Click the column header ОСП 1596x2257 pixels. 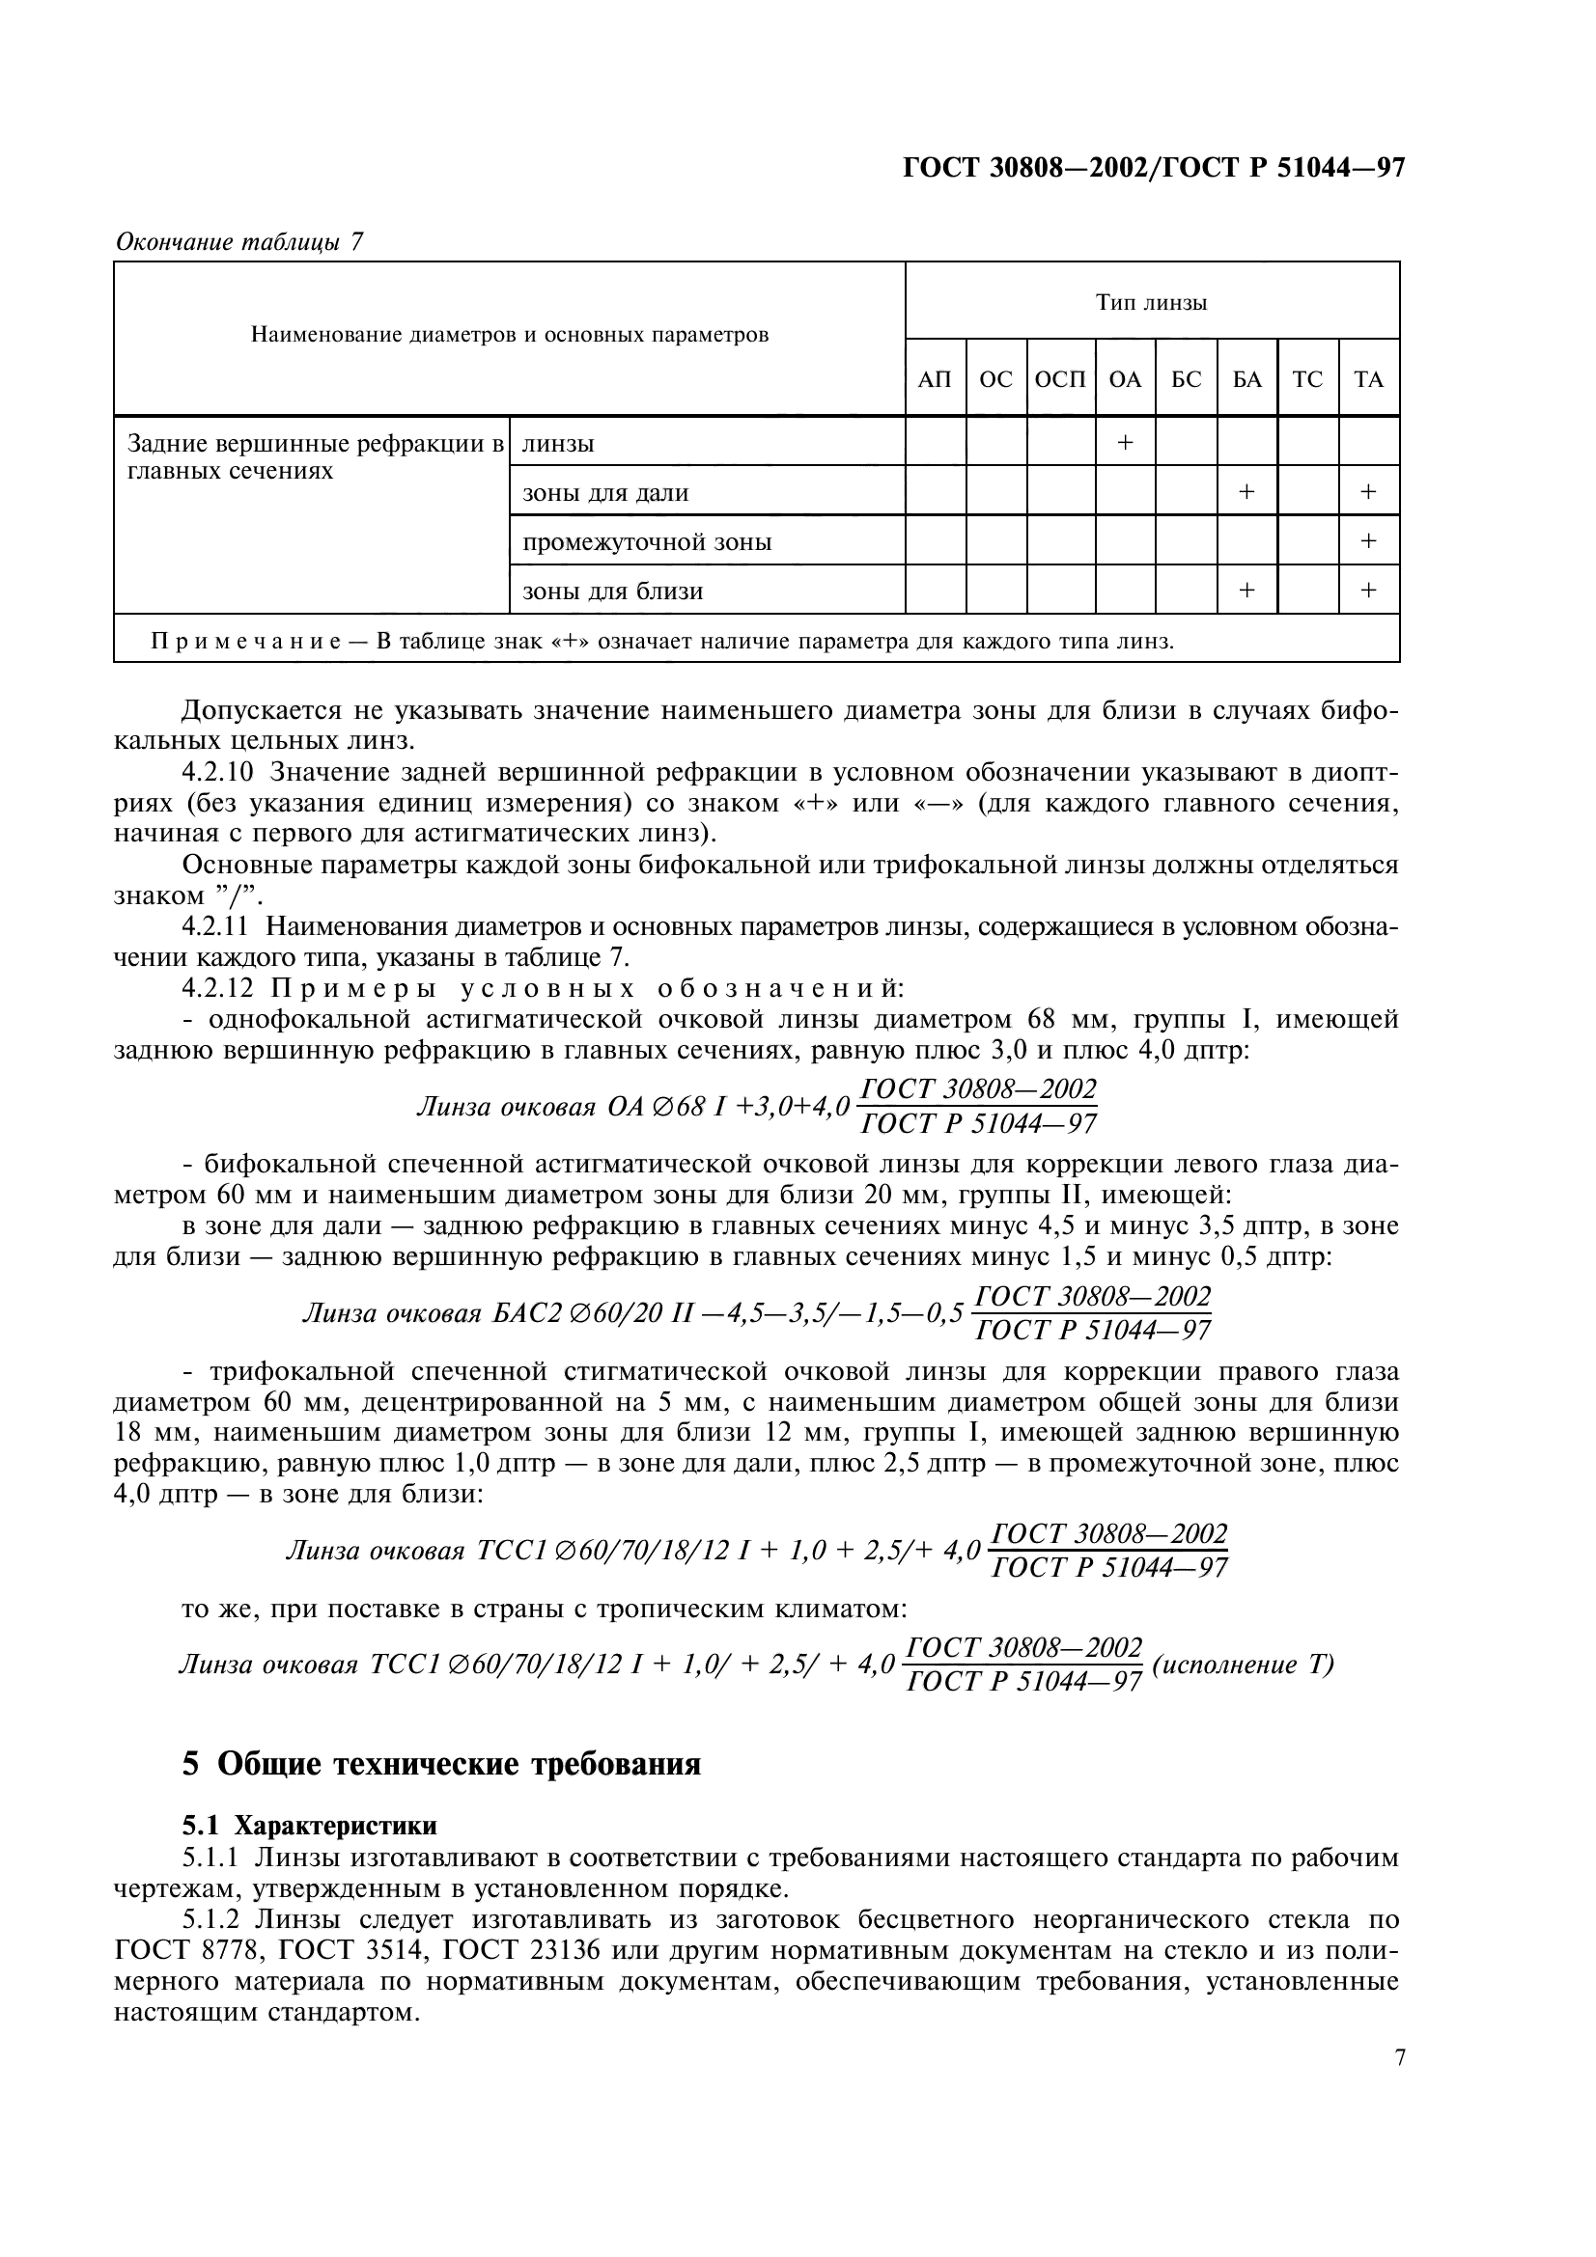(1060, 379)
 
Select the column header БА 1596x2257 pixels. (1246, 379)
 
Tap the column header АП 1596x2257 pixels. (935, 379)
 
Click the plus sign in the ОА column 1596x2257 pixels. (1125, 443)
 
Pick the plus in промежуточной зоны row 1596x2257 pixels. (1368, 540)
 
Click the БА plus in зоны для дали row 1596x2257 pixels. (1246, 491)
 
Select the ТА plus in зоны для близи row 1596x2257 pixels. (1368, 590)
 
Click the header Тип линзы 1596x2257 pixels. (1152, 303)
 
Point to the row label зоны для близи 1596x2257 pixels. (613, 591)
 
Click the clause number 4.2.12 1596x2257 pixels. (218, 988)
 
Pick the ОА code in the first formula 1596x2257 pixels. (626, 1107)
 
